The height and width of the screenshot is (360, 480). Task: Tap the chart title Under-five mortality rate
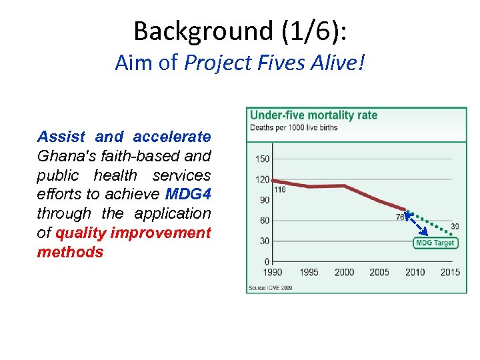tap(313, 115)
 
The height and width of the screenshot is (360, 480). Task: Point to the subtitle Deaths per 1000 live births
tap(293, 127)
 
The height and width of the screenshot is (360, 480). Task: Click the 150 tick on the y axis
tap(262, 159)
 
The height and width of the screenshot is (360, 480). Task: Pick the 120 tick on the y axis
tap(262, 179)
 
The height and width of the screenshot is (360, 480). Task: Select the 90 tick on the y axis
tap(265, 200)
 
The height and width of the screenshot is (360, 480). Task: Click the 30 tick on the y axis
tap(265, 241)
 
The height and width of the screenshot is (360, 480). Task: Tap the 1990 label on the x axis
tap(273, 272)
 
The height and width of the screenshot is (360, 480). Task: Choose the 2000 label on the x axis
tap(344, 272)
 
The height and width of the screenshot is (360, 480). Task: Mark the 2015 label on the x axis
tap(450, 272)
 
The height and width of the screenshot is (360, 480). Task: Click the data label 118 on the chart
tap(280, 190)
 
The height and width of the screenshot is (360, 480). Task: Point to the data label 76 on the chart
tap(400, 217)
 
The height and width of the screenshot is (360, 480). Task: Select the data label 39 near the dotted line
tap(455, 227)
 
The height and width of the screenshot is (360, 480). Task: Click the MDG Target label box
tap(435, 243)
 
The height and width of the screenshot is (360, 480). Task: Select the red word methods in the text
tap(70, 252)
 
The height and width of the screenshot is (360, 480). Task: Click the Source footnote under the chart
tap(270, 288)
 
